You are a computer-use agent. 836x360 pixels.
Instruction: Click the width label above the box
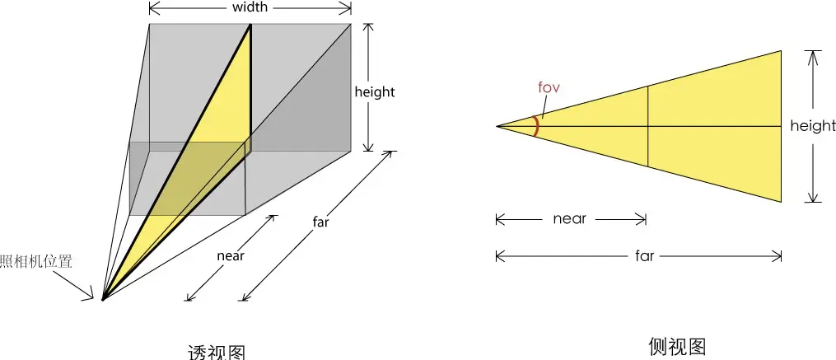250,7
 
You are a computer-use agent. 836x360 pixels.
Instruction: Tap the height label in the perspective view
375,91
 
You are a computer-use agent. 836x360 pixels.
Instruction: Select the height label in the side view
813,126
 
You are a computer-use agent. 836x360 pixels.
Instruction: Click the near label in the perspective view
231,255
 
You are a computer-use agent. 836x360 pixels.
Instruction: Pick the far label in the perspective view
322,223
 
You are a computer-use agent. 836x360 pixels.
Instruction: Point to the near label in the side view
569,219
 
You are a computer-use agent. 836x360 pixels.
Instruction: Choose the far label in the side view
645,255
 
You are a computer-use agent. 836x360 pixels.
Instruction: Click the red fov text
549,86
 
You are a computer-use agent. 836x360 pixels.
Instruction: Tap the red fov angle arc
537,126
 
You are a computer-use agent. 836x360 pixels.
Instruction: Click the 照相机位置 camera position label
37,262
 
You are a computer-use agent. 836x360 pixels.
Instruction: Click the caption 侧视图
677,346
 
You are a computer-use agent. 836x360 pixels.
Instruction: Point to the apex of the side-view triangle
497,126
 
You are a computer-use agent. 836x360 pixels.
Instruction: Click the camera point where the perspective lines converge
102,300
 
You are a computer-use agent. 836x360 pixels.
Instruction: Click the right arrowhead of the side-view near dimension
642,219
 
